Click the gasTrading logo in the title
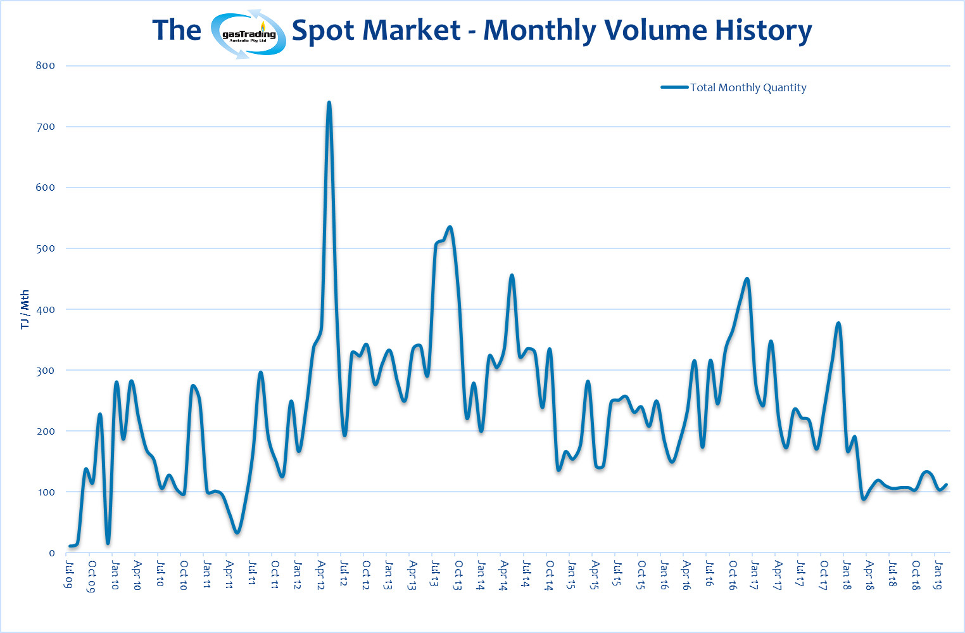pos(248,34)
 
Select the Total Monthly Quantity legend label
pos(748,87)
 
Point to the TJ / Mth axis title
pos(25,310)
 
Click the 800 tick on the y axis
pos(46,66)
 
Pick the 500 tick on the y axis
pos(46,248)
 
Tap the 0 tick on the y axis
pos(52,553)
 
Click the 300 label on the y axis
pos(46,371)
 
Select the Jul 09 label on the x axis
pos(68,573)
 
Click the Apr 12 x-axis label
pos(321,575)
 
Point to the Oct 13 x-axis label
pos(458,575)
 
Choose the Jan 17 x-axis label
pos(754,575)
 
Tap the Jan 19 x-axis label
pos(938,575)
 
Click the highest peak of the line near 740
pos(329,102)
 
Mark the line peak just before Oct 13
pos(450,227)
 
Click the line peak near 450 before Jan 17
pos(747,279)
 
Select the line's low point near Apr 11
pos(237,532)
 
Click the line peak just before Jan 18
pos(838,323)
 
